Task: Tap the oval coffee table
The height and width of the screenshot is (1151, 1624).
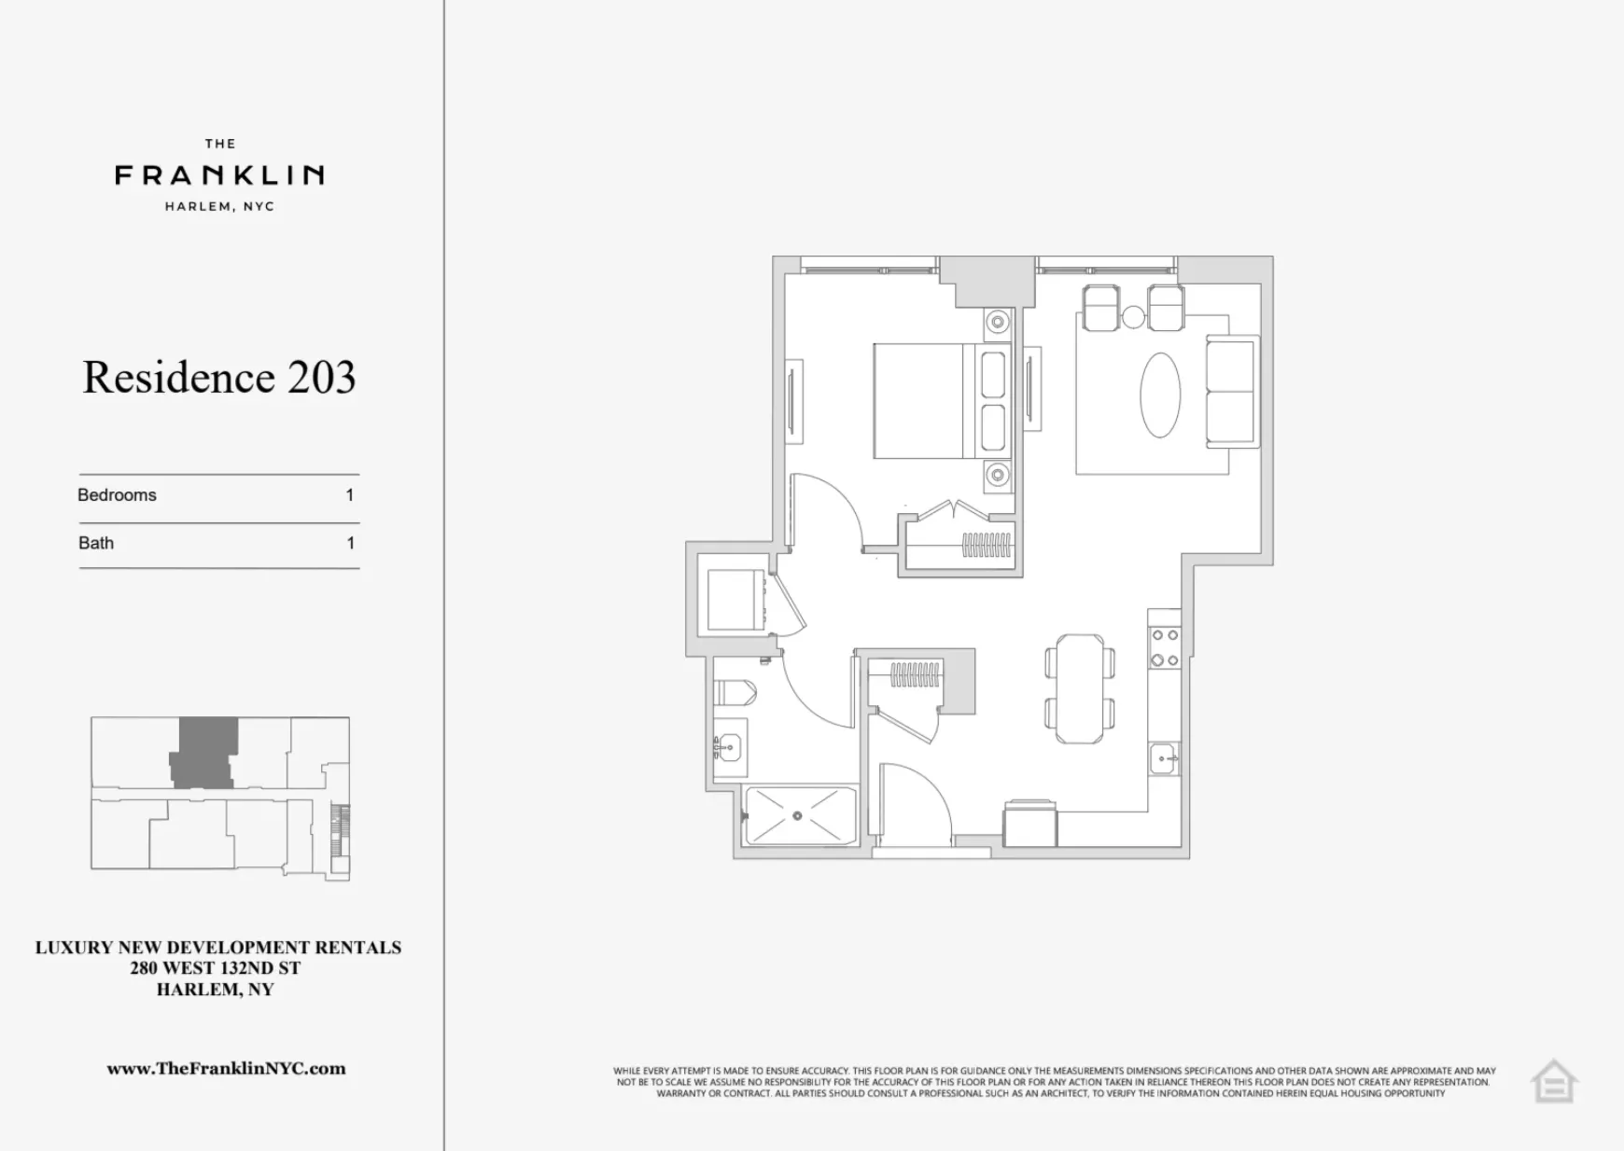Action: [1160, 395]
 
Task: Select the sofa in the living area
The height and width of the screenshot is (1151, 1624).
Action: [1231, 392]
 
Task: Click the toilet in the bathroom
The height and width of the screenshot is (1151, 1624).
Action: [735, 693]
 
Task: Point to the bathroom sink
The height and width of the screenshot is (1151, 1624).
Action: [728, 747]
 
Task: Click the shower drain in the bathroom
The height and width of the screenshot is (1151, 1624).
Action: [798, 816]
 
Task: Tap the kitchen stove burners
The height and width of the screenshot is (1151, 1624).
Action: [1165, 647]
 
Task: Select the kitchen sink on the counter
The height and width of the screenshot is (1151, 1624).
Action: [1163, 758]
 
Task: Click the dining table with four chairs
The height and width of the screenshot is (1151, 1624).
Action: [1080, 688]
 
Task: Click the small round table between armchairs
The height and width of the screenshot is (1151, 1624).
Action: [1133, 317]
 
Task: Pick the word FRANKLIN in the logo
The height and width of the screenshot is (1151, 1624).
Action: [219, 174]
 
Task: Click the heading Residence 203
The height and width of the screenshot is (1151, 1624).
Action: [219, 378]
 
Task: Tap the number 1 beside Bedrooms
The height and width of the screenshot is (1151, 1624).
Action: [350, 495]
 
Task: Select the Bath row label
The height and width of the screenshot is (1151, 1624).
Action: [96, 543]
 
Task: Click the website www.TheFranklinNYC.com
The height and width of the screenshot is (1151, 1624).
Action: [226, 1069]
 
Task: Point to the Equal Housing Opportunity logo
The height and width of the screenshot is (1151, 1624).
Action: [1554, 1082]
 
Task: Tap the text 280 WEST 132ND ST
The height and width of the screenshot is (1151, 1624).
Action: [216, 968]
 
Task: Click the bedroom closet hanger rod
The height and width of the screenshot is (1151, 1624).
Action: [987, 545]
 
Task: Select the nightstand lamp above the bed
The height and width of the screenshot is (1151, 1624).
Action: [999, 322]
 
